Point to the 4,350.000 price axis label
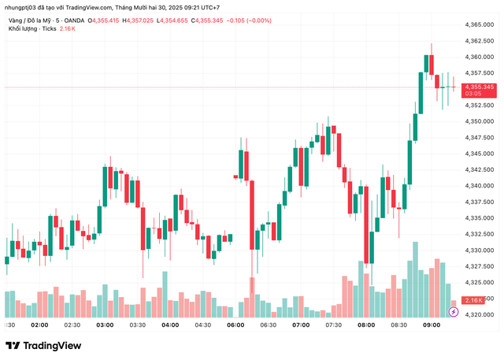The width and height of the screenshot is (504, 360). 478,121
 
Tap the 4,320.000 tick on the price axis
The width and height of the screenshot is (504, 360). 478,314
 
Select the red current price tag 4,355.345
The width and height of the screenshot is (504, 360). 479,87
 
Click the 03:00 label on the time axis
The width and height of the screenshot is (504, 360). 105,325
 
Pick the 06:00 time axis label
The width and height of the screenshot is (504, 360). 235,325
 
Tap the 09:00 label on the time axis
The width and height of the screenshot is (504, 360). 432,325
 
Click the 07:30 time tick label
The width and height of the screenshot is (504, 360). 333,325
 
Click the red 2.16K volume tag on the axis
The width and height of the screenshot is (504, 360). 474,300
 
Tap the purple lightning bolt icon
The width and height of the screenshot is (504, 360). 453,313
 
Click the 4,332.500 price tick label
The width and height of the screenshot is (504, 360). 478,234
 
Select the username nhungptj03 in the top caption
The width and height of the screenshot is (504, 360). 23,7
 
